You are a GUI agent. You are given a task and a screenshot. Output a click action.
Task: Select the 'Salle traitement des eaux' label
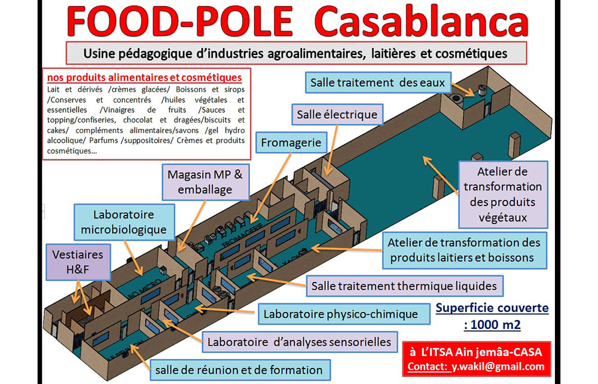pos(378,82)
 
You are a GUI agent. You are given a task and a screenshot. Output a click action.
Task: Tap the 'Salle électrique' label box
pos(337,114)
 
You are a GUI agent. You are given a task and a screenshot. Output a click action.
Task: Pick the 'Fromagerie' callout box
pos(291,143)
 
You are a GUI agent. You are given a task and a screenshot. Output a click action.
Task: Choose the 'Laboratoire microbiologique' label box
pos(124,222)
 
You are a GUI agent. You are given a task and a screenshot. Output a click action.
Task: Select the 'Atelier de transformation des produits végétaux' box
pos(503,194)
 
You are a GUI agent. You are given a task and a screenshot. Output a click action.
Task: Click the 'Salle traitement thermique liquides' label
pos(404,286)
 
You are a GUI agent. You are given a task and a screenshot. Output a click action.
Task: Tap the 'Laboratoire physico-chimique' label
pos(341,314)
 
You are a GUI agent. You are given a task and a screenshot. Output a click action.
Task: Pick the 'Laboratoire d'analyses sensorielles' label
pos(300,342)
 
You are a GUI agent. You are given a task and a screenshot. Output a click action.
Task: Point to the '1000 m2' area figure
pos(492,325)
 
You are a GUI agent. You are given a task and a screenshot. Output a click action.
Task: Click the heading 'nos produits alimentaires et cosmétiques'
pos(144,78)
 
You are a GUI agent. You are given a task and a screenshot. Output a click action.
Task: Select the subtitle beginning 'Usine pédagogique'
pos(296,53)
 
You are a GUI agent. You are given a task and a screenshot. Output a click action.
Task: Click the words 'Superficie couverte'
pos(492,309)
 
